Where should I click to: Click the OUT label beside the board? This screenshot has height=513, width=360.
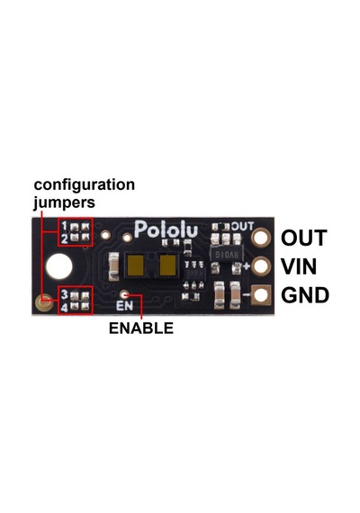pyautogui.click(x=304, y=238)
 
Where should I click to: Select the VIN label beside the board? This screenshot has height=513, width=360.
pyautogui.click(x=299, y=266)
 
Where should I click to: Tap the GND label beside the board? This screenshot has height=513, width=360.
pyautogui.click(x=305, y=295)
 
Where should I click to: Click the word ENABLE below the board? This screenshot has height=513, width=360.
pyautogui.click(x=141, y=328)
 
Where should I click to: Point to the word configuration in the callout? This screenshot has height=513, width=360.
pyautogui.click(x=85, y=185)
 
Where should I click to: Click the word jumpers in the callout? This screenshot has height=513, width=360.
pyautogui.click(x=64, y=202)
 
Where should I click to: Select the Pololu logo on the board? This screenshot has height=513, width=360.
pyautogui.click(x=166, y=229)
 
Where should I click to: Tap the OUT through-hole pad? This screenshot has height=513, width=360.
pyautogui.click(x=261, y=238)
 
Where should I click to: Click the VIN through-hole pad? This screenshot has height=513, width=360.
pyautogui.click(x=261, y=266)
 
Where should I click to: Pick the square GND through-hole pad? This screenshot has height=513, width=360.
pyautogui.click(x=261, y=295)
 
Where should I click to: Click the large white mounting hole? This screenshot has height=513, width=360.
pyautogui.click(x=59, y=266)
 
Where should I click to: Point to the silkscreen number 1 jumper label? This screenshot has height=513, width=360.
pyautogui.click(x=64, y=226)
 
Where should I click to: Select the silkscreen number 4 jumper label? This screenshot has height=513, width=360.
pyautogui.click(x=65, y=308)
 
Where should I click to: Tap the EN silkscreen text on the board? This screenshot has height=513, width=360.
pyautogui.click(x=125, y=306)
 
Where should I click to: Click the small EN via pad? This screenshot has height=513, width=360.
pyautogui.click(x=124, y=295)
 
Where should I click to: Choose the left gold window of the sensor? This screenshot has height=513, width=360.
pyautogui.click(x=136, y=265)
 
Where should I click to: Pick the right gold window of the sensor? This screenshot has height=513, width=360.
pyautogui.click(x=168, y=265)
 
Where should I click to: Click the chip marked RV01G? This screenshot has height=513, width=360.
pyautogui.click(x=225, y=253)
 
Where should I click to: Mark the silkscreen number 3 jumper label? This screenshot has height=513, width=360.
pyautogui.click(x=65, y=294)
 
